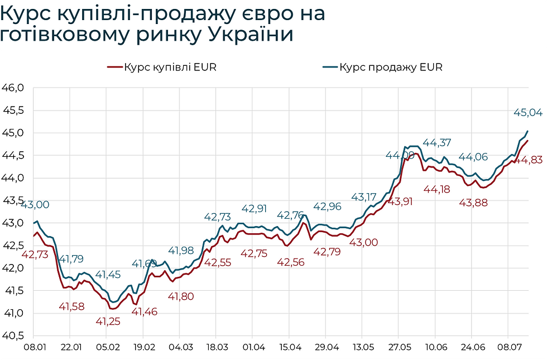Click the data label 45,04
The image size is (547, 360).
[x=527, y=113]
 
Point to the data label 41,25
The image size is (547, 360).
[x=108, y=321]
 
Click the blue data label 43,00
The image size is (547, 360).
[x=35, y=205]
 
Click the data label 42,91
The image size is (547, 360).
[x=255, y=209]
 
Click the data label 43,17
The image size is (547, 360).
[x=364, y=197]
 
